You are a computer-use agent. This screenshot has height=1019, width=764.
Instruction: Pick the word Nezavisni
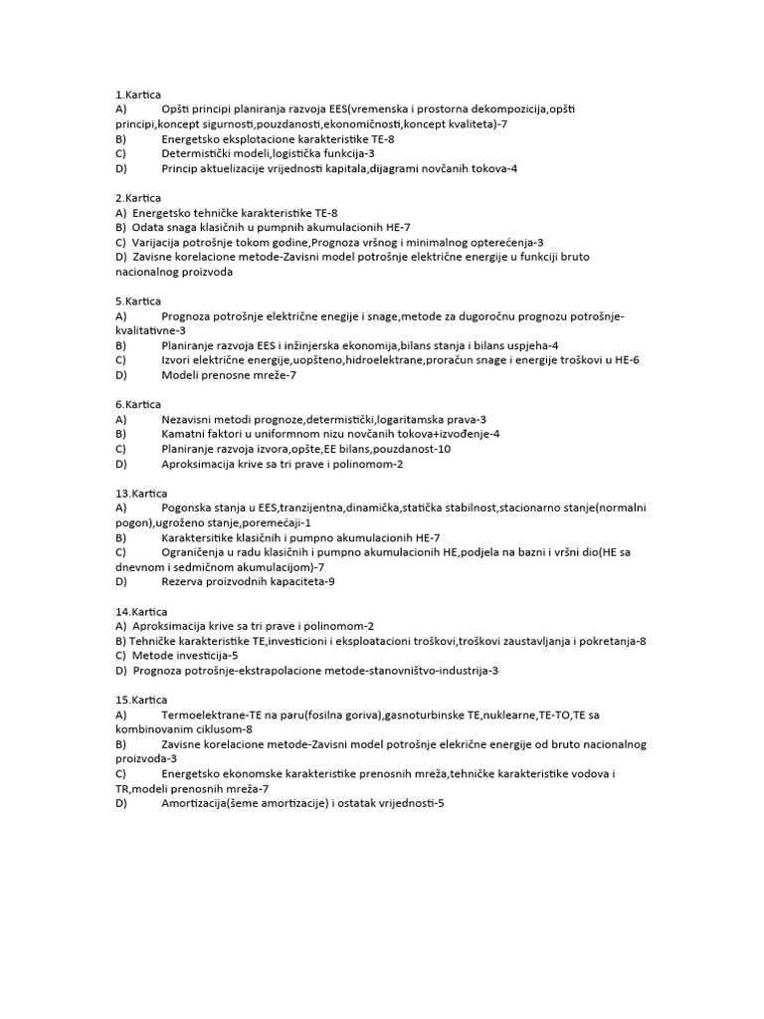pos(189,419)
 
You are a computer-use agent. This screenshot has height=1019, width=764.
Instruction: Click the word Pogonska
pos(187,508)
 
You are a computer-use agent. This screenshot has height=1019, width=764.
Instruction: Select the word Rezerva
pos(183,581)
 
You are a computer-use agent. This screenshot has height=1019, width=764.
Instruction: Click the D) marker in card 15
pos(121,803)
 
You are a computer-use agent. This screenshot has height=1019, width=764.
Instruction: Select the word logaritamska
pos(411,419)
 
